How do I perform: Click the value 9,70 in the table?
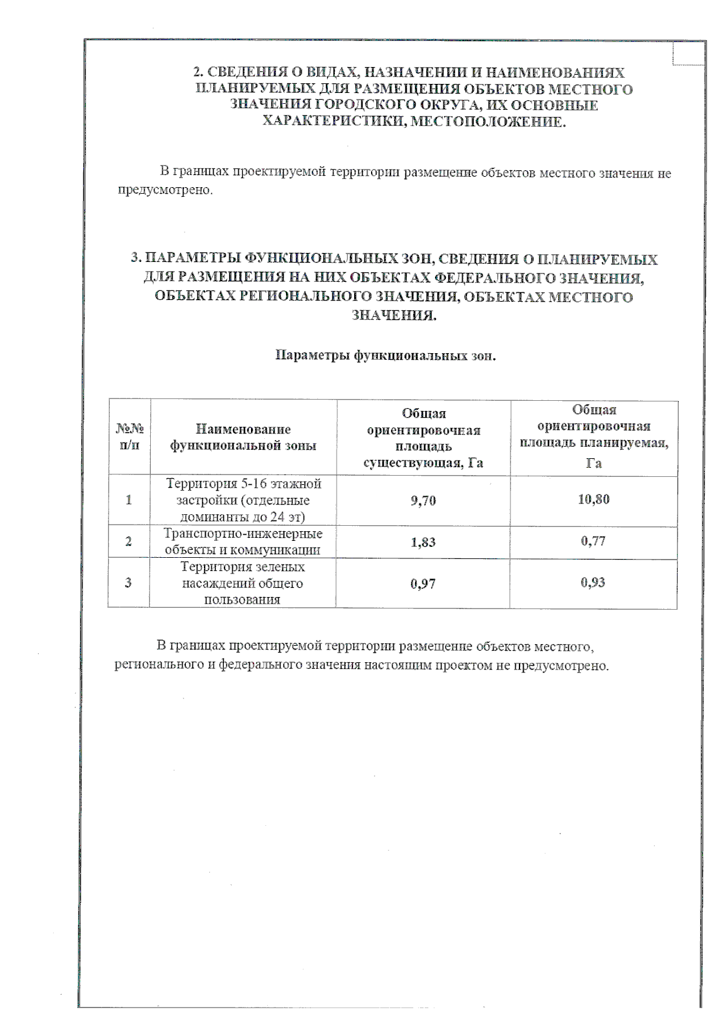423,500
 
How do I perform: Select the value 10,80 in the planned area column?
594,499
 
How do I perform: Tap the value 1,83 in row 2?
423,542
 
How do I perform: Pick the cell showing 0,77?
593,541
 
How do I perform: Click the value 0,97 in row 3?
423,584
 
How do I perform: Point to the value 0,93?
593,583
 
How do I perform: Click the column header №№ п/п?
129,437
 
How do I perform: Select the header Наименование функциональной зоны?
243,437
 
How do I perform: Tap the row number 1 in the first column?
129,500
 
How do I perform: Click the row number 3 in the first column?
128,583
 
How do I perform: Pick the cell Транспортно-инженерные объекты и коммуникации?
243,541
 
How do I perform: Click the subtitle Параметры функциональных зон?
386,355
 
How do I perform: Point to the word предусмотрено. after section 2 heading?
165,190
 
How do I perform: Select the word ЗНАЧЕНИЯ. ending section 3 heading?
393,315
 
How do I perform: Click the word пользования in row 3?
243,599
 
